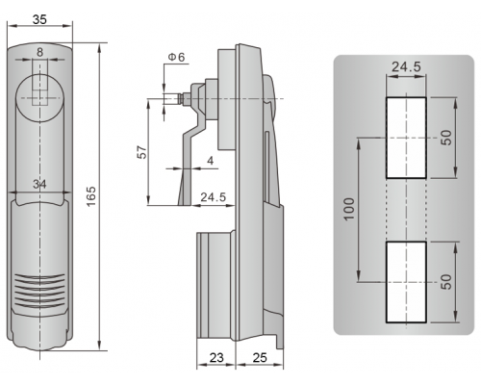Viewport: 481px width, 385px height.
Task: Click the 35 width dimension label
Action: pos(39,19)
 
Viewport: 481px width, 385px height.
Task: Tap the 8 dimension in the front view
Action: pos(39,52)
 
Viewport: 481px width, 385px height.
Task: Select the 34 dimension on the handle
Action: pos(39,184)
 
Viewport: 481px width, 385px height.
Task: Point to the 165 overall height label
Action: pos(91,196)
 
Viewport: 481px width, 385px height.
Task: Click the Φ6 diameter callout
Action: pos(177,57)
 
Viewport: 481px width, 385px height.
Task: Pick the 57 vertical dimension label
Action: pos(141,152)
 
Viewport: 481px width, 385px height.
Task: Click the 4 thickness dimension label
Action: pos(210,160)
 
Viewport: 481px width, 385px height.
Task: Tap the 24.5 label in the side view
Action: pos(214,196)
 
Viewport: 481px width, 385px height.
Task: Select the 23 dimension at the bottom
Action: pos(216,357)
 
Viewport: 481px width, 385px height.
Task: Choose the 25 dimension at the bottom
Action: pos(260,357)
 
